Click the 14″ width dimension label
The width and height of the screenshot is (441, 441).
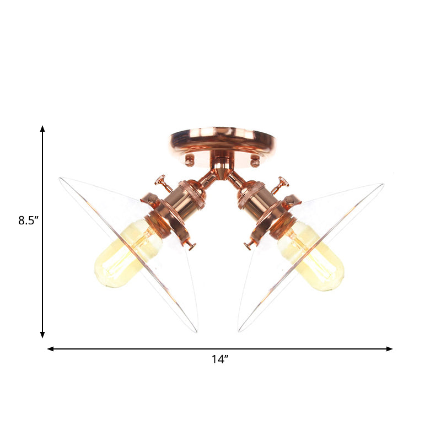click(x=219, y=359)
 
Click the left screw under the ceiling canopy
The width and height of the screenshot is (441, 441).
click(x=190, y=161)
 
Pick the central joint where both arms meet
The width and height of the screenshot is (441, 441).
click(x=222, y=170)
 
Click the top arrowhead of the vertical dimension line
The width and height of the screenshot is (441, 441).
click(x=42, y=129)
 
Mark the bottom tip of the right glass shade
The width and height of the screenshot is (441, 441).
click(x=240, y=330)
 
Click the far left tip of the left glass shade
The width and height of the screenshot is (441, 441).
click(x=60, y=178)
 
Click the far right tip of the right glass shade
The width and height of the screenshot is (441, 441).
click(x=383, y=185)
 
